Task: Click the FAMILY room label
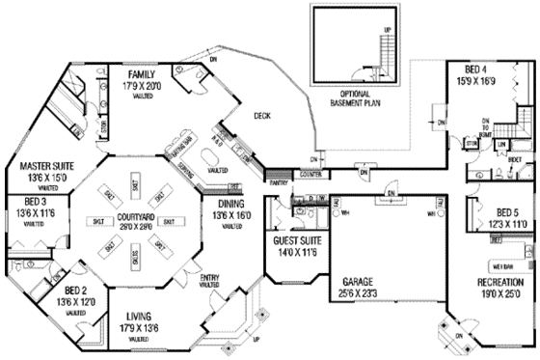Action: pos(142,72)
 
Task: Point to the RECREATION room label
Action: pos(499,282)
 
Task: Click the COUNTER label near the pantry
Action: pos(310,174)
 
